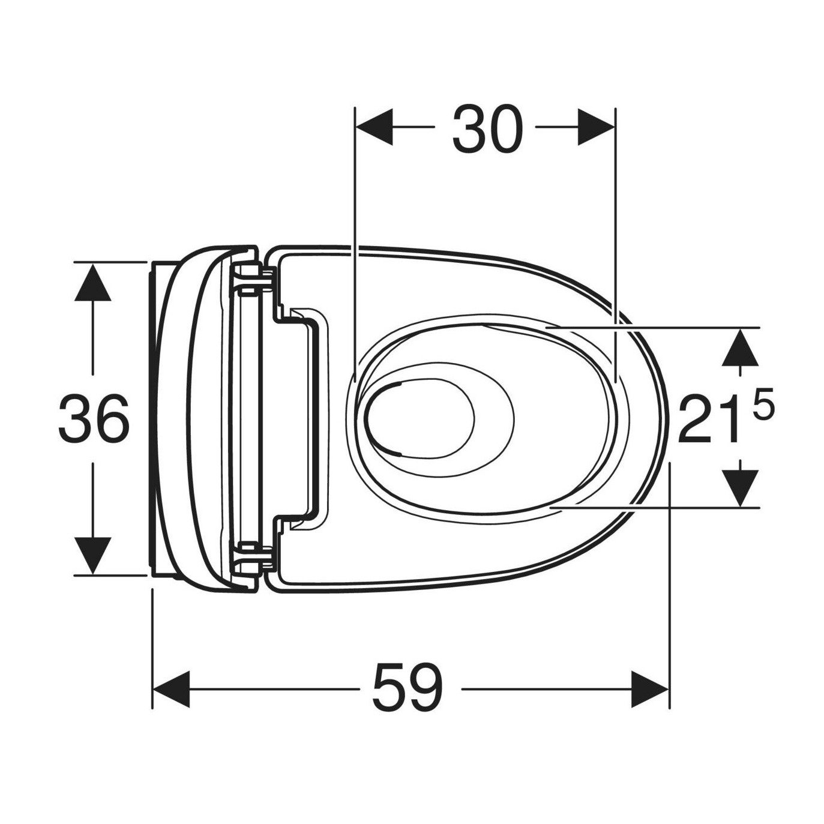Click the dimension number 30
click(487, 128)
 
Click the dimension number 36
click(93, 418)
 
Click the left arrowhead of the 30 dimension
click(374, 127)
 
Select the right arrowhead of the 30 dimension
click(596, 127)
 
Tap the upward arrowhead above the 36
click(93, 281)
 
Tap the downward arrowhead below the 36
click(93, 556)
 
